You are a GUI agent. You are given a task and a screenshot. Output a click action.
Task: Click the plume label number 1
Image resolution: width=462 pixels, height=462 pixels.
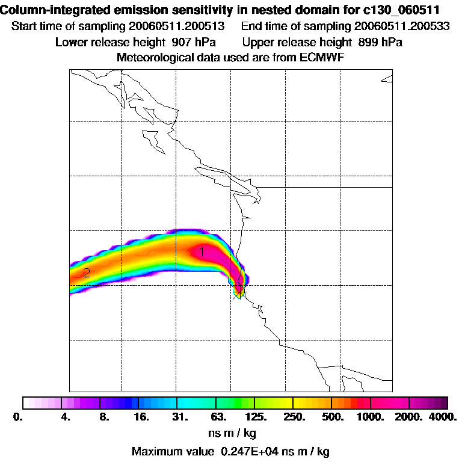[202, 252]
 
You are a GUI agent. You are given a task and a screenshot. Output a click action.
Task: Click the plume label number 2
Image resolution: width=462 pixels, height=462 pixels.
[87, 273]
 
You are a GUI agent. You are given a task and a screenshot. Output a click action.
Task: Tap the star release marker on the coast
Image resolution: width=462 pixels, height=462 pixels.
[239, 292]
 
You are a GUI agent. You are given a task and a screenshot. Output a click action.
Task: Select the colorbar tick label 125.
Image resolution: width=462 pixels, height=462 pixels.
[256, 416]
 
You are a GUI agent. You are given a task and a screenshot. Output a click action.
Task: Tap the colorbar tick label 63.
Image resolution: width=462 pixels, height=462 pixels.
[218, 416]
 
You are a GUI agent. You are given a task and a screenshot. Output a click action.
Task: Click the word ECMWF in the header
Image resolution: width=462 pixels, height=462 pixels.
[321, 57]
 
